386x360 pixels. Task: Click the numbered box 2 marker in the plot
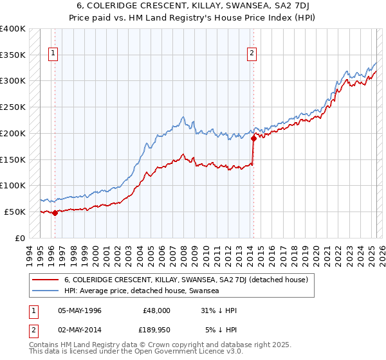pyautogui.click(x=252, y=53)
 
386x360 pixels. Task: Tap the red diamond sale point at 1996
pyautogui.click(x=55, y=213)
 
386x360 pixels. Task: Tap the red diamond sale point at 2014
pyautogui.click(x=253, y=138)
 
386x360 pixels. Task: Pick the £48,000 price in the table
pyautogui.click(x=157, y=310)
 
